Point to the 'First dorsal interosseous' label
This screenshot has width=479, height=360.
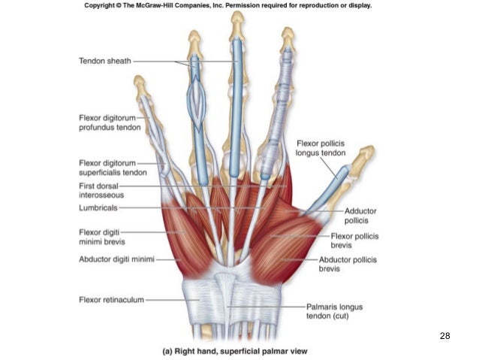point(104,191)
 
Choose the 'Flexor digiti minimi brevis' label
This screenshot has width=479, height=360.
point(102,237)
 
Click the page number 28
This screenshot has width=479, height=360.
point(444,335)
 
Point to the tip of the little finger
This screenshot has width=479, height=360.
point(139,80)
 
